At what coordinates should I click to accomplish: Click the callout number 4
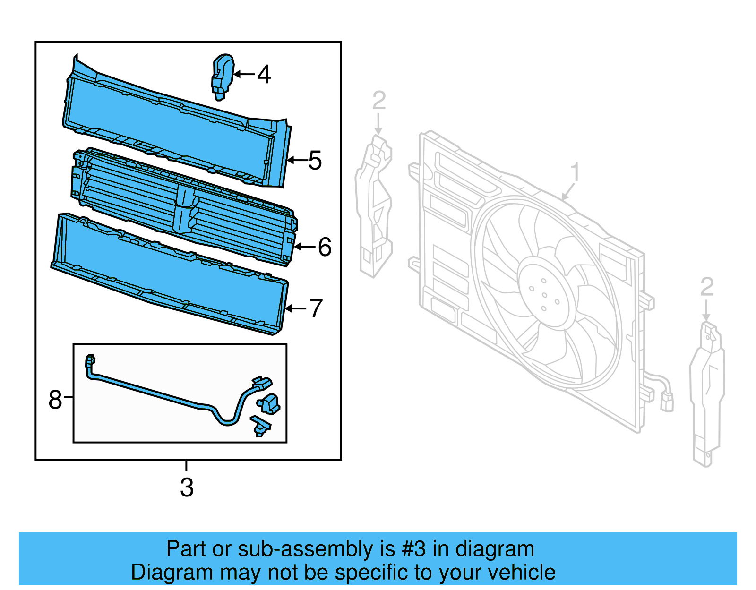264,75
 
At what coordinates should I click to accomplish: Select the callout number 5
315,161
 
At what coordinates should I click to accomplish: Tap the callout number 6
325,247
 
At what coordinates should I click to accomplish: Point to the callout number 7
316,308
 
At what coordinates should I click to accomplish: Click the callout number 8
55,400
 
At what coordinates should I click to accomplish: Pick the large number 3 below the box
187,487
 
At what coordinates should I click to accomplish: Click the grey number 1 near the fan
575,172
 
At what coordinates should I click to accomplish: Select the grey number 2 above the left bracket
379,101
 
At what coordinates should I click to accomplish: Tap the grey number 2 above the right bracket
706,287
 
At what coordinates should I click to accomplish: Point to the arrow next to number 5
297,161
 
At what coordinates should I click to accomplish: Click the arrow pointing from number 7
296,308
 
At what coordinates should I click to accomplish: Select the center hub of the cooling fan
545,295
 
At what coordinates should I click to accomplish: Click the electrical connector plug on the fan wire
667,402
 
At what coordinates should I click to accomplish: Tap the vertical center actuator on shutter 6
184,208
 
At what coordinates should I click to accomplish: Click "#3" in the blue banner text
413,549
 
